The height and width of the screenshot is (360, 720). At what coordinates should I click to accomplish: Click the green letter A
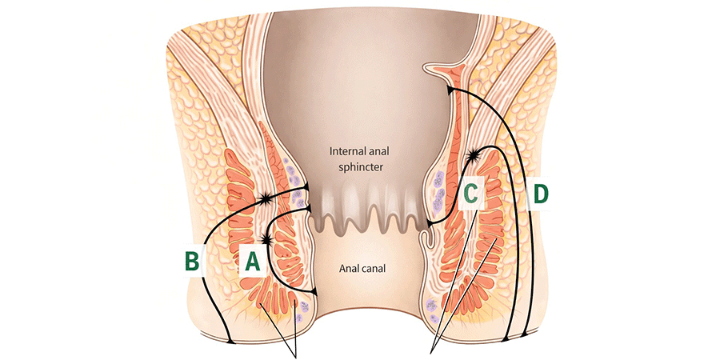252,262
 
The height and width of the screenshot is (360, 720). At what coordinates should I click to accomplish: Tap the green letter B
192,260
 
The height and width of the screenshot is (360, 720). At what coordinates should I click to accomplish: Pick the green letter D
542,194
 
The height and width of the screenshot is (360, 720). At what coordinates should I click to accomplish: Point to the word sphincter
361,167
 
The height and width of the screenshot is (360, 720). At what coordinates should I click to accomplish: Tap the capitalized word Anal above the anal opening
348,269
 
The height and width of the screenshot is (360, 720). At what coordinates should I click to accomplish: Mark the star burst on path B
265,199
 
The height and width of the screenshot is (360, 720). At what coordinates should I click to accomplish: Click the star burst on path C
472,157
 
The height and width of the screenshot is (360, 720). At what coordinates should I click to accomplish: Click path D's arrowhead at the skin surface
524,334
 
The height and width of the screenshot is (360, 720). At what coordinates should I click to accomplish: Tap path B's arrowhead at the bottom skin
230,341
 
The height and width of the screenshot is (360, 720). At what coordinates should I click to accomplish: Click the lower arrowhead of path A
314,292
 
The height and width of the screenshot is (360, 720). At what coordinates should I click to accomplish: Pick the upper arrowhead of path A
308,209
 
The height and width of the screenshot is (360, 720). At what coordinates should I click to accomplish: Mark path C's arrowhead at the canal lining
430,224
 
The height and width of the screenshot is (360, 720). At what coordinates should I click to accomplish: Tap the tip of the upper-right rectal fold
424,68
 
